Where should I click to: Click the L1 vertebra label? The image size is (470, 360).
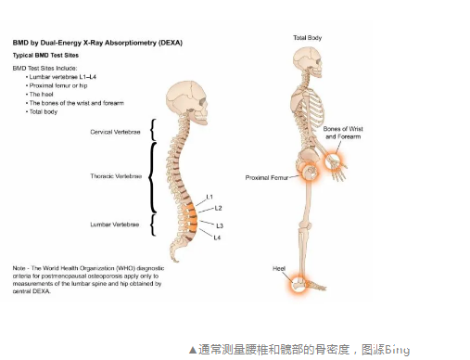click(x=210, y=198)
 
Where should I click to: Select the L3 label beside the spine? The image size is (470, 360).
click(x=219, y=225)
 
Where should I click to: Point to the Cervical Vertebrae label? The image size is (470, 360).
click(x=116, y=133)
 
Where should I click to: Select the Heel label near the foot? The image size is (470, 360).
click(x=279, y=268)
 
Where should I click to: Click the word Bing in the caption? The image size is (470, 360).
click(x=396, y=350)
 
